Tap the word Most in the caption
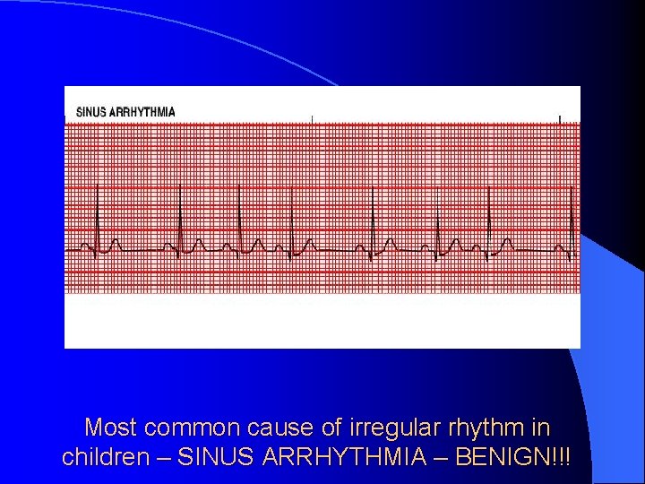(110, 428)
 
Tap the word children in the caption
(105, 457)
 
